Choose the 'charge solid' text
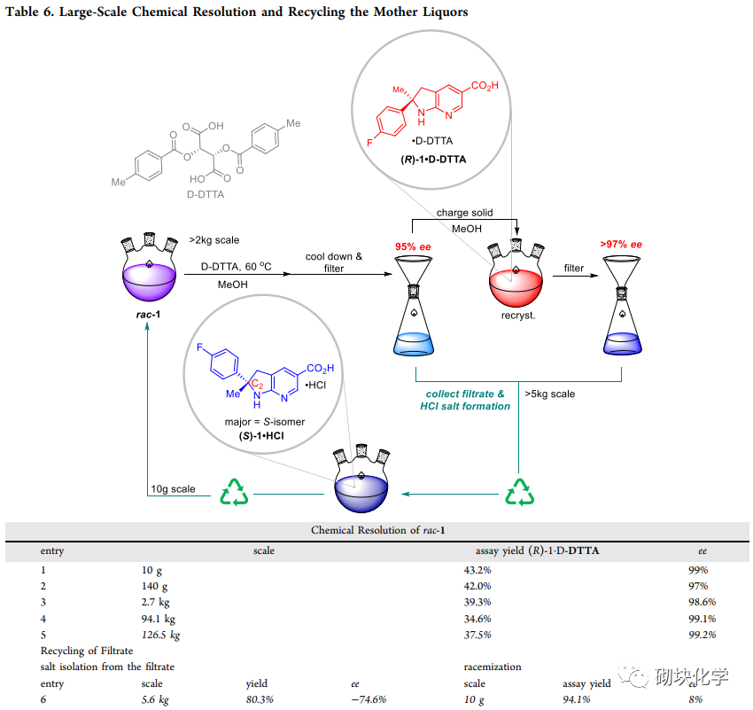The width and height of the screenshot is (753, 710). coord(464,213)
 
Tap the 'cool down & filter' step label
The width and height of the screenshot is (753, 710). coord(334,262)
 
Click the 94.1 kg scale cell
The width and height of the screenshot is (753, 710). coord(158,619)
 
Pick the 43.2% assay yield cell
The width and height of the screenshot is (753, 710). coord(477,570)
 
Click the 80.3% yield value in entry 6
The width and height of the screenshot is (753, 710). coord(260,699)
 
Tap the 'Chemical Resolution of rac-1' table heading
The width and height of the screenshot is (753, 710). coord(377,530)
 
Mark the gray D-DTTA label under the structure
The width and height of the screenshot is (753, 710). coord(205,192)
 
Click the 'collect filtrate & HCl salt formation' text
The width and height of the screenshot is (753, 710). coord(465,400)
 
